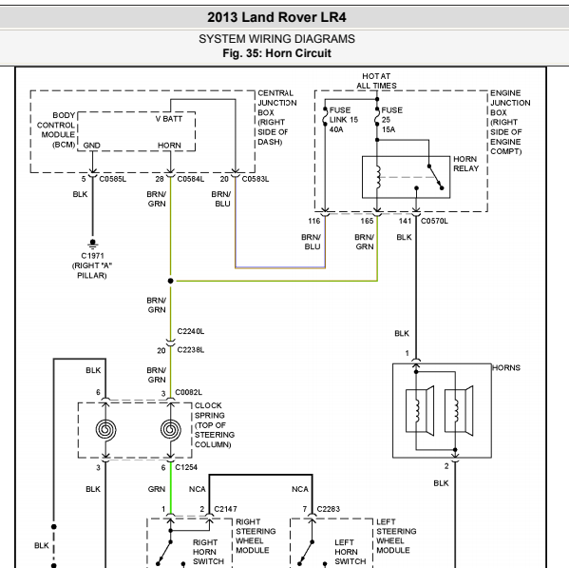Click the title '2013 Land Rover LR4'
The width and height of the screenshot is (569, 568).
pos(276,17)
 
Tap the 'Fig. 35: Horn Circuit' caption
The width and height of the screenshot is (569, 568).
pos(276,53)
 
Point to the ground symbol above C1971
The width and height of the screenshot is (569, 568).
pos(92,244)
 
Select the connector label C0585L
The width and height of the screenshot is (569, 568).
pos(113,179)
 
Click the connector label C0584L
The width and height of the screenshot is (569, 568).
pos(191,179)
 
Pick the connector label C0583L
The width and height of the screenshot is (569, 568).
pos(256,179)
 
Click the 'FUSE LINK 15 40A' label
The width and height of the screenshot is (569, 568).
pos(344,120)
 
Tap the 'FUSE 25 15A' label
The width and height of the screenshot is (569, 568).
pos(392,120)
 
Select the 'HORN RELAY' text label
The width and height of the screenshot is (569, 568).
pos(466,164)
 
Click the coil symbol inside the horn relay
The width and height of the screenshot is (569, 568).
pos(378,177)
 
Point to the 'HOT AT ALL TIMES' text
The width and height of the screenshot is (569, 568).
pos(376,81)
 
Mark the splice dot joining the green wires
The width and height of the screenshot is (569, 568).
pos(171,281)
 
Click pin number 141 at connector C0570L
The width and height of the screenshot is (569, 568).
pos(405,221)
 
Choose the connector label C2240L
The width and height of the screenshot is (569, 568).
pos(191,331)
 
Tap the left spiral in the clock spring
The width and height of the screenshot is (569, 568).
pos(106,429)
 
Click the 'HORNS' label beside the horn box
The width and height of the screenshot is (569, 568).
pos(506,368)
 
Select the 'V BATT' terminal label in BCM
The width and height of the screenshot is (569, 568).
pos(169,119)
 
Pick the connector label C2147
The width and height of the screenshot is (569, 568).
pos(225,509)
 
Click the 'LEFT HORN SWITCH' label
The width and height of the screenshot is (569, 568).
pos(350,552)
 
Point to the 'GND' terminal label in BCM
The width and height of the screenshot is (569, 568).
pos(91,146)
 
